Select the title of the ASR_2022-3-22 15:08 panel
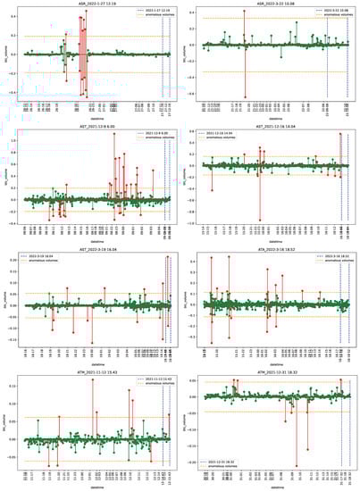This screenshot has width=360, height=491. click(271, 4)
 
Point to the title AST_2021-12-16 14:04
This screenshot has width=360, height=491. click(271, 127)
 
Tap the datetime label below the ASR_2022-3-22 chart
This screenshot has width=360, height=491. click(271, 120)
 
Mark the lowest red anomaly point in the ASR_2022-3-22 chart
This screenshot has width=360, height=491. click(245, 96)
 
